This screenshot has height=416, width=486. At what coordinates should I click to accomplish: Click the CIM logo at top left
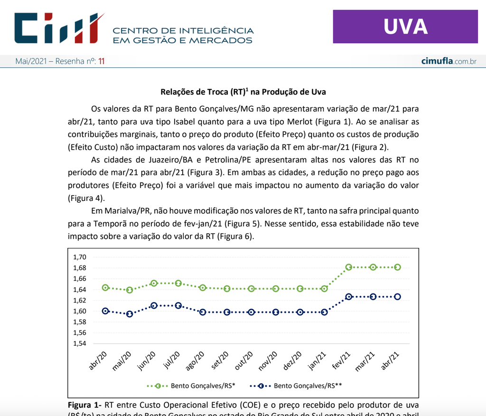coord(59,28)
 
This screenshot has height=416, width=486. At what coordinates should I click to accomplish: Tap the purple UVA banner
coord(405,27)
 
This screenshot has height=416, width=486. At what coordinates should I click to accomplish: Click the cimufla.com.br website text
coord(449,61)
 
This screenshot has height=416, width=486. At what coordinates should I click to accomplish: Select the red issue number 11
coord(101,61)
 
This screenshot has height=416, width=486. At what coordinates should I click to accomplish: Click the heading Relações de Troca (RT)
coord(243,92)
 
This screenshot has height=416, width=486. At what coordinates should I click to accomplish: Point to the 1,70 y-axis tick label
coord(79,257)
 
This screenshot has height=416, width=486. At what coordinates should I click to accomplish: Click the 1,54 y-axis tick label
coord(79,343)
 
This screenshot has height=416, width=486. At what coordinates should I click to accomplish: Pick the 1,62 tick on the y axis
coord(79,300)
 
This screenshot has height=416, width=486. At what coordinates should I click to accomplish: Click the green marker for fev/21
coord(349,267)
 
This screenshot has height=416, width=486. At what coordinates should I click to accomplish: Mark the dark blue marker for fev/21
coord(349,296)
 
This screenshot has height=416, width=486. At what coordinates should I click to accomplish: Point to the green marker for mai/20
coord(130,290)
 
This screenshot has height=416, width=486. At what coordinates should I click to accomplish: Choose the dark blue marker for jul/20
coord(178,305)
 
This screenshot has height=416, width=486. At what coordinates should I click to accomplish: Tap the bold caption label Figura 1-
coord(84,405)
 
